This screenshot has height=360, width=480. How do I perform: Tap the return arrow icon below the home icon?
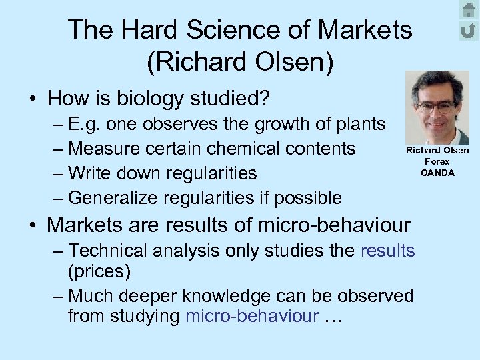tap(469, 31)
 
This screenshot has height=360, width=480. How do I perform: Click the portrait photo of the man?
tap(437, 107)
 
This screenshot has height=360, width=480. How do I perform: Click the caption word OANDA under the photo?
tap(437, 173)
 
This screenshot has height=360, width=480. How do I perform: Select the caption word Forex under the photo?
tap(437, 162)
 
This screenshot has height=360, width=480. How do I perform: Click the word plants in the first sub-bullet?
tap(359, 125)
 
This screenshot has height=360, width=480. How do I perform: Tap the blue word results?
tap(387, 251)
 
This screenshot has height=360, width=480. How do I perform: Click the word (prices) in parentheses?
tap(99, 271)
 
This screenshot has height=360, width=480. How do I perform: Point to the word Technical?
tap(111, 251)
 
